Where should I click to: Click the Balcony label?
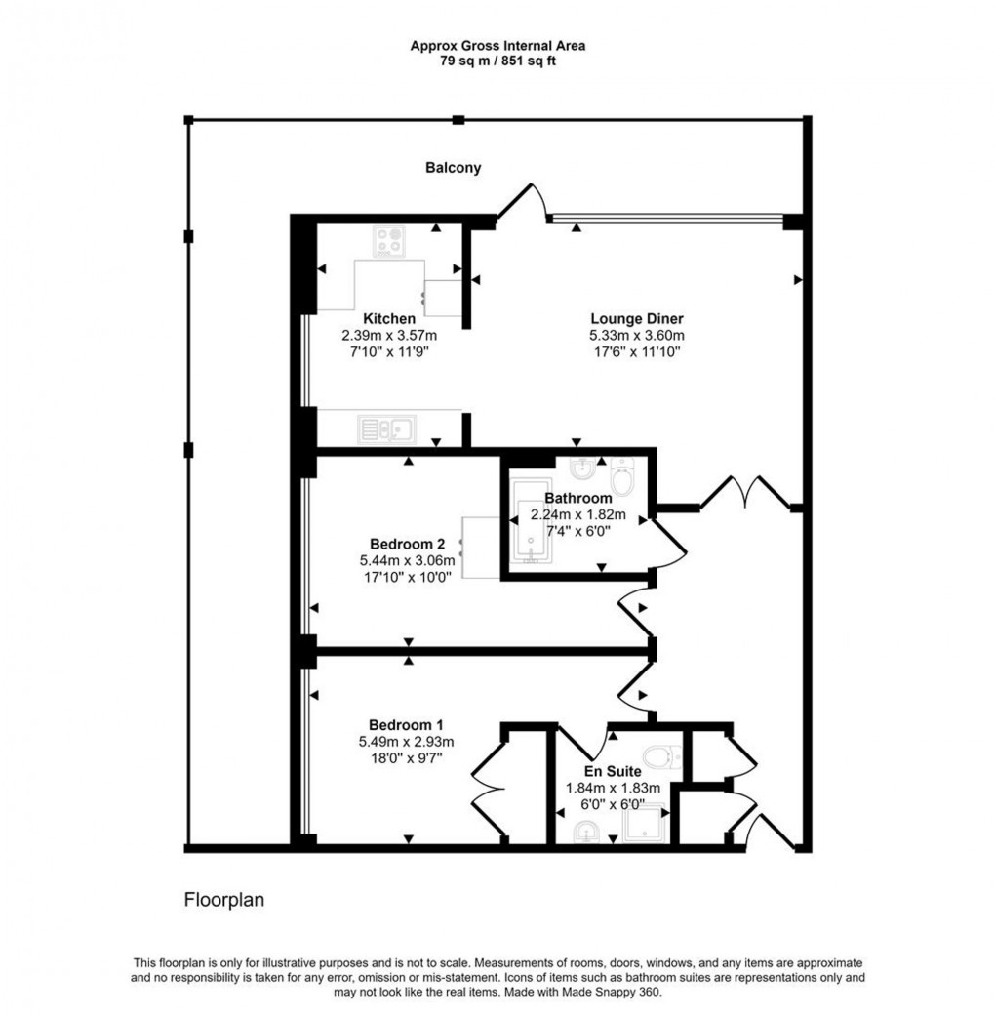[x=453, y=168]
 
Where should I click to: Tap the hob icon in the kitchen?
[x=389, y=241]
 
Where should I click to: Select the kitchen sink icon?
[x=386, y=427]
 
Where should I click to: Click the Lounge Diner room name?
[x=637, y=318]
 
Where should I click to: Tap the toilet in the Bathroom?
[x=622, y=476]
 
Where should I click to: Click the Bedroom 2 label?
[x=408, y=544]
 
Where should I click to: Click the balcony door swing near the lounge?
[x=522, y=203]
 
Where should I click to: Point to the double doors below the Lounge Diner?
[x=745, y=493]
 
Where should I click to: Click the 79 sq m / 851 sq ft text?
[x=497, y=61]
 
